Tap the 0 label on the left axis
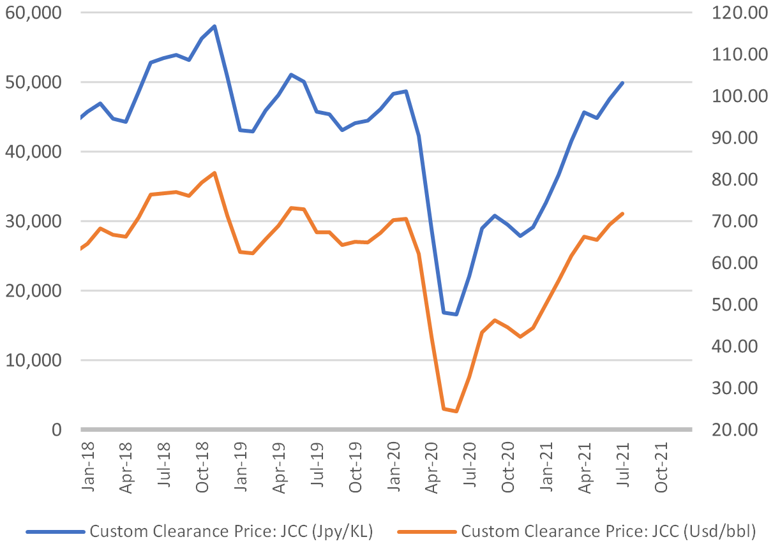click(x=56, y=430)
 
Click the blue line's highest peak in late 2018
click(x=215, y=26)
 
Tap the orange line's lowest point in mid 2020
click(x=456, y=411)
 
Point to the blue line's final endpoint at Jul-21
click(x=622, y=82)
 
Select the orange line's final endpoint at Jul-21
click(x=622, y=213)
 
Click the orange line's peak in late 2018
click(x=215, y=172)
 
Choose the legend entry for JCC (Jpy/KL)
click(x=230, y=531)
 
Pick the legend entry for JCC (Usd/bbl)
click(x=606, y=531)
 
